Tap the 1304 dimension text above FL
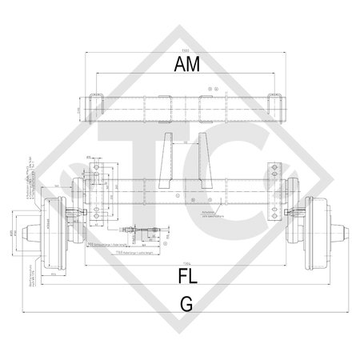(186, 263)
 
